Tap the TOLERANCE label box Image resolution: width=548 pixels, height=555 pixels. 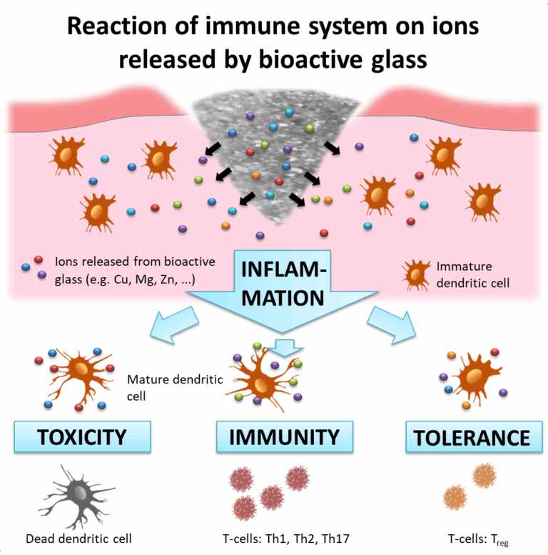point(469,436)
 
